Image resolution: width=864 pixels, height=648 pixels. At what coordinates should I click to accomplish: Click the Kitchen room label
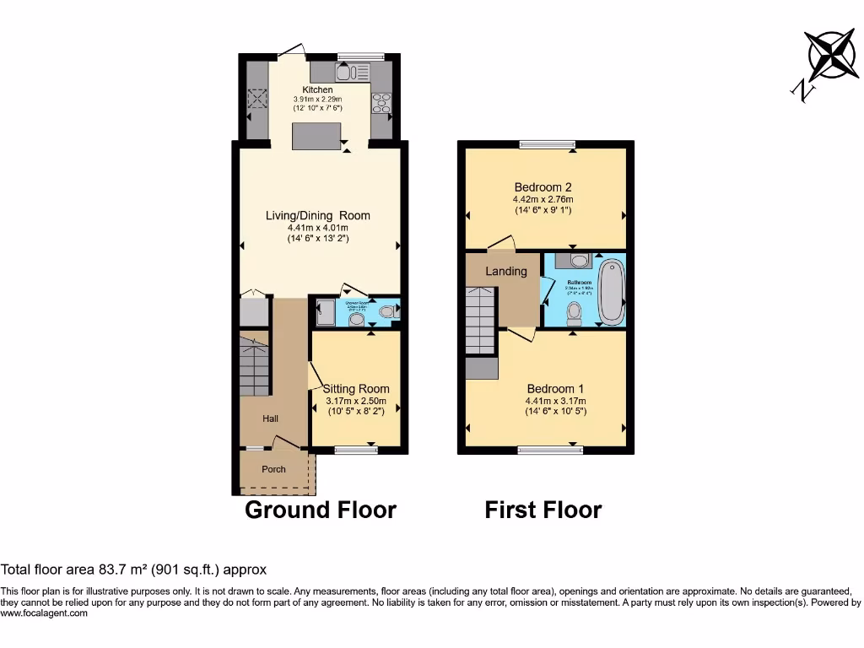click(318, 89)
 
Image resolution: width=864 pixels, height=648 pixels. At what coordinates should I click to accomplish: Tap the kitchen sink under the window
click(348, 72)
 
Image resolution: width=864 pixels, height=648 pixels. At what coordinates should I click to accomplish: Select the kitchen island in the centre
click(317, 136)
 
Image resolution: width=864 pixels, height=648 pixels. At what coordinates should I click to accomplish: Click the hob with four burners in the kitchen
click(381, 102)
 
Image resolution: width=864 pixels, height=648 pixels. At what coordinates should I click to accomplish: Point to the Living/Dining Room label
click(318, 215)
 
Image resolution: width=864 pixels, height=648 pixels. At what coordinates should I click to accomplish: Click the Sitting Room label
click(357, 389)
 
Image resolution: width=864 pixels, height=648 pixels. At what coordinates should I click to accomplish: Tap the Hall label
click(270, 418)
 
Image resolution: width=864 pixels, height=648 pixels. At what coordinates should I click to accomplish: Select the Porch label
click(273, 469)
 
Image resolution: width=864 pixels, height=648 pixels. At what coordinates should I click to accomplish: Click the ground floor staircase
click(254, 366)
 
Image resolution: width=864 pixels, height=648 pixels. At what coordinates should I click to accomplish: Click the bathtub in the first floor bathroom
click(611, 292)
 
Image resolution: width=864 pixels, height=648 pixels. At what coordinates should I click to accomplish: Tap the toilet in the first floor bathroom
click(575, 314)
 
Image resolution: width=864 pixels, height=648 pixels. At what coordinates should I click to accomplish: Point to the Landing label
click(506, 271)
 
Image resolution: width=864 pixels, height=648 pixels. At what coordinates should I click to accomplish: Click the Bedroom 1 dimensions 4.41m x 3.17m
click(555, 401)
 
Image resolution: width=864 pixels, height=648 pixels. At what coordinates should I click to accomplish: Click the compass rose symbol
click(831, 54)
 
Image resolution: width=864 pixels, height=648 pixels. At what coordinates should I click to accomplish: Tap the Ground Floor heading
click(320, 510)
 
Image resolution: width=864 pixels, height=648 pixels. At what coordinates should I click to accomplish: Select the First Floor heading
click(543, 510)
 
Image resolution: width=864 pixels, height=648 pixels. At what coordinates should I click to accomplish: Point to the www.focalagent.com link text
click(44, 613)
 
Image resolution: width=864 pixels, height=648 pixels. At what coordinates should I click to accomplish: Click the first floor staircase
click(481, 321)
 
